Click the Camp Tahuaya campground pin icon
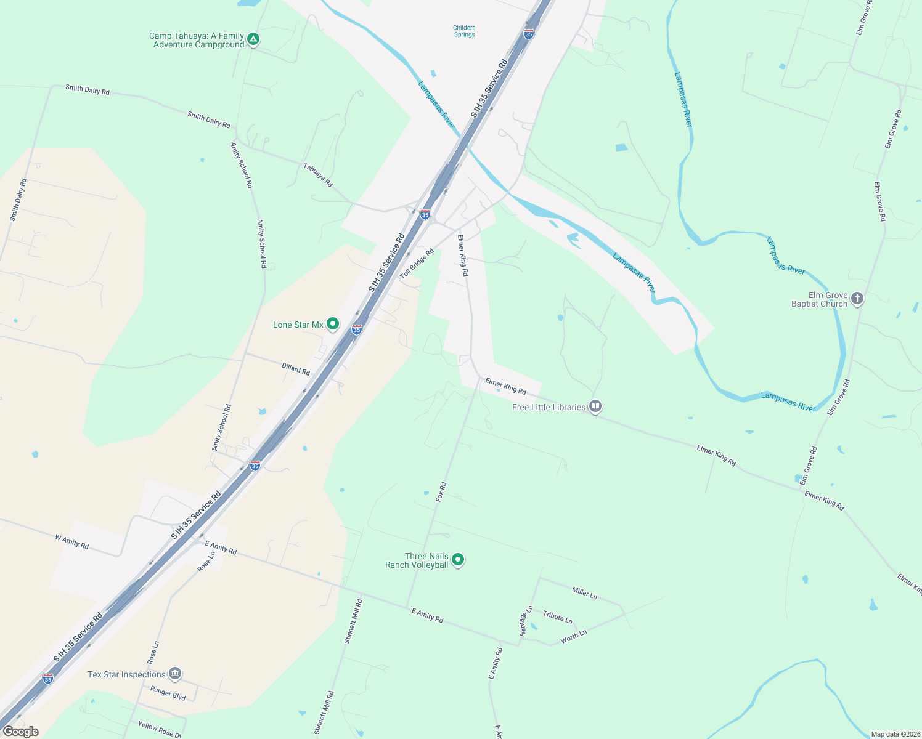[x=253, y=40]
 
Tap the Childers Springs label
[x=464, y=31]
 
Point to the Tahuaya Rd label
[x=318, y=175]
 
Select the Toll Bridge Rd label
[x=417, y=264]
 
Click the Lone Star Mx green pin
[x=333, y=323]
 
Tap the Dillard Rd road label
[x=296, y=369]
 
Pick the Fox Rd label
[x=441, y=492]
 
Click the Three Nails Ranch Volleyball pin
[x=458, y=559]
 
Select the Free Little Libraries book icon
[x=595, y=406]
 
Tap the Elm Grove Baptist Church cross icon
[x=857, y=299]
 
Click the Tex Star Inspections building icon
[x=175, y=674]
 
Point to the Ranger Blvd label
[x=168, y=693]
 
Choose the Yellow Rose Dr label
[x=160, y=730]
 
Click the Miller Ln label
[x=584, y=592]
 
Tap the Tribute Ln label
[x=558, y=617]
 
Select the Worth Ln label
[x=573, y=637]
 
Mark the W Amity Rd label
[x=71, y=542]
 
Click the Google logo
[x=20, y=732]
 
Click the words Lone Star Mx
[x=298, y=325]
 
